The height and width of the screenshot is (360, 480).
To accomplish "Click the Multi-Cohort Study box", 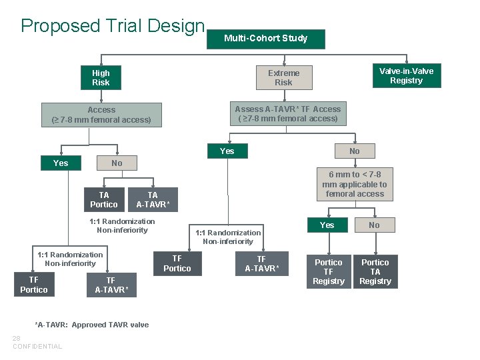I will point(265,39).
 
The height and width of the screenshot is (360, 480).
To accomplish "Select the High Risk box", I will point(101,78).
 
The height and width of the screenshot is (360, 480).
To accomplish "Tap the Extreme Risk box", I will point(283,78).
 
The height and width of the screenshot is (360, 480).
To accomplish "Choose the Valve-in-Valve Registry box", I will point(406,76).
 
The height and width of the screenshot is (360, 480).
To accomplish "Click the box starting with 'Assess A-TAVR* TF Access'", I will point(288,114).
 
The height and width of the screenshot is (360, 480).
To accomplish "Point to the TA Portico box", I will point(103,200).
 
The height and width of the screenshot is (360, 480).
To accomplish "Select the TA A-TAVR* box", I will point(153,200).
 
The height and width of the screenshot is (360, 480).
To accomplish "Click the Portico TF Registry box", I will point(328,271).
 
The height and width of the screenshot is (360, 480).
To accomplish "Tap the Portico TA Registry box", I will point(375,271).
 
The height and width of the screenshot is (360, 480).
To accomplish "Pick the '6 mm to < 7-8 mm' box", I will point(354,184).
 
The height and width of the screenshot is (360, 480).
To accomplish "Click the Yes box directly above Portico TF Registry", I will point(327,225).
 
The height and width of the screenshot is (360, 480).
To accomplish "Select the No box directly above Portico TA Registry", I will point(374,225).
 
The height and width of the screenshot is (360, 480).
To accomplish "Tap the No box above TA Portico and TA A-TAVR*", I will point(117,163).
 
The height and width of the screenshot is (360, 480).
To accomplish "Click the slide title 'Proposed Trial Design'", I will point(113,26).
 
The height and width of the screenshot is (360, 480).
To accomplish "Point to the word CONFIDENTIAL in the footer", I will point(37,347).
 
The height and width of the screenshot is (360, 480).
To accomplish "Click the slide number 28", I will point(17,339).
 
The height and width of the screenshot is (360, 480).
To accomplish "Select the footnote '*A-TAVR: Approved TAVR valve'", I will point(91,325).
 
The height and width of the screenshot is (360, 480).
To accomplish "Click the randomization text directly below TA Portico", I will point(122,226).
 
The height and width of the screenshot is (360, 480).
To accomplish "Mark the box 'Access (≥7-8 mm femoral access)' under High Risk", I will point(101,115).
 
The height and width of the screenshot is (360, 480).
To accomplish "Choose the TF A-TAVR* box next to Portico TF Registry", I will point(261,264).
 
